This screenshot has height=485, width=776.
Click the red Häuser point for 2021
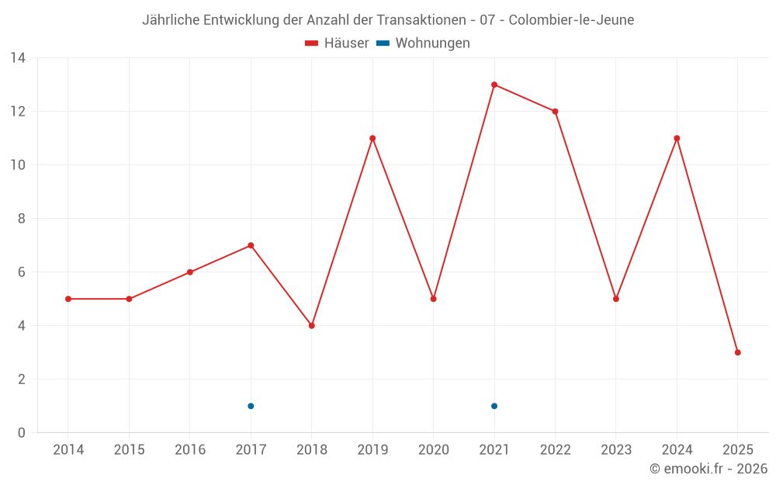point(494,85)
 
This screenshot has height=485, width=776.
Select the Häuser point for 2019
point(372,138)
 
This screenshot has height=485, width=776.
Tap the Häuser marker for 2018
point(312,326)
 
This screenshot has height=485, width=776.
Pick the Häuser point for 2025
point(738,352)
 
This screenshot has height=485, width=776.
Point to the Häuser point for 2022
point(555,111)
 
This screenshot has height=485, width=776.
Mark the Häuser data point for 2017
point(251,245)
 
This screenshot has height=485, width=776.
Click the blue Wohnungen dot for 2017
point(251,406)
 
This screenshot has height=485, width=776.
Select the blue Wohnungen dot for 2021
point(494,406)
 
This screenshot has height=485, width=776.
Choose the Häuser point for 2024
point(677,138)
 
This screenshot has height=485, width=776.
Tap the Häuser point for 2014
point(68,299)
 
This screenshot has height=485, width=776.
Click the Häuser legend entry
point(337,43)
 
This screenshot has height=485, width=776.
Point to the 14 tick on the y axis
point(18,57)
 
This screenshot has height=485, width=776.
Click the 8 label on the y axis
point(21,219)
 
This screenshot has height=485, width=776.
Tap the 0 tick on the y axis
point(21,433)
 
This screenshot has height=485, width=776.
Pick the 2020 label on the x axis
point(434,450)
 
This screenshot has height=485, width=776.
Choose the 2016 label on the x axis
point(190,450)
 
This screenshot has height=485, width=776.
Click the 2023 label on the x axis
point(616,450)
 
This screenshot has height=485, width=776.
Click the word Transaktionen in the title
point(424,20)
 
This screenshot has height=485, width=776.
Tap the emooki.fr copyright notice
point(708,469)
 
